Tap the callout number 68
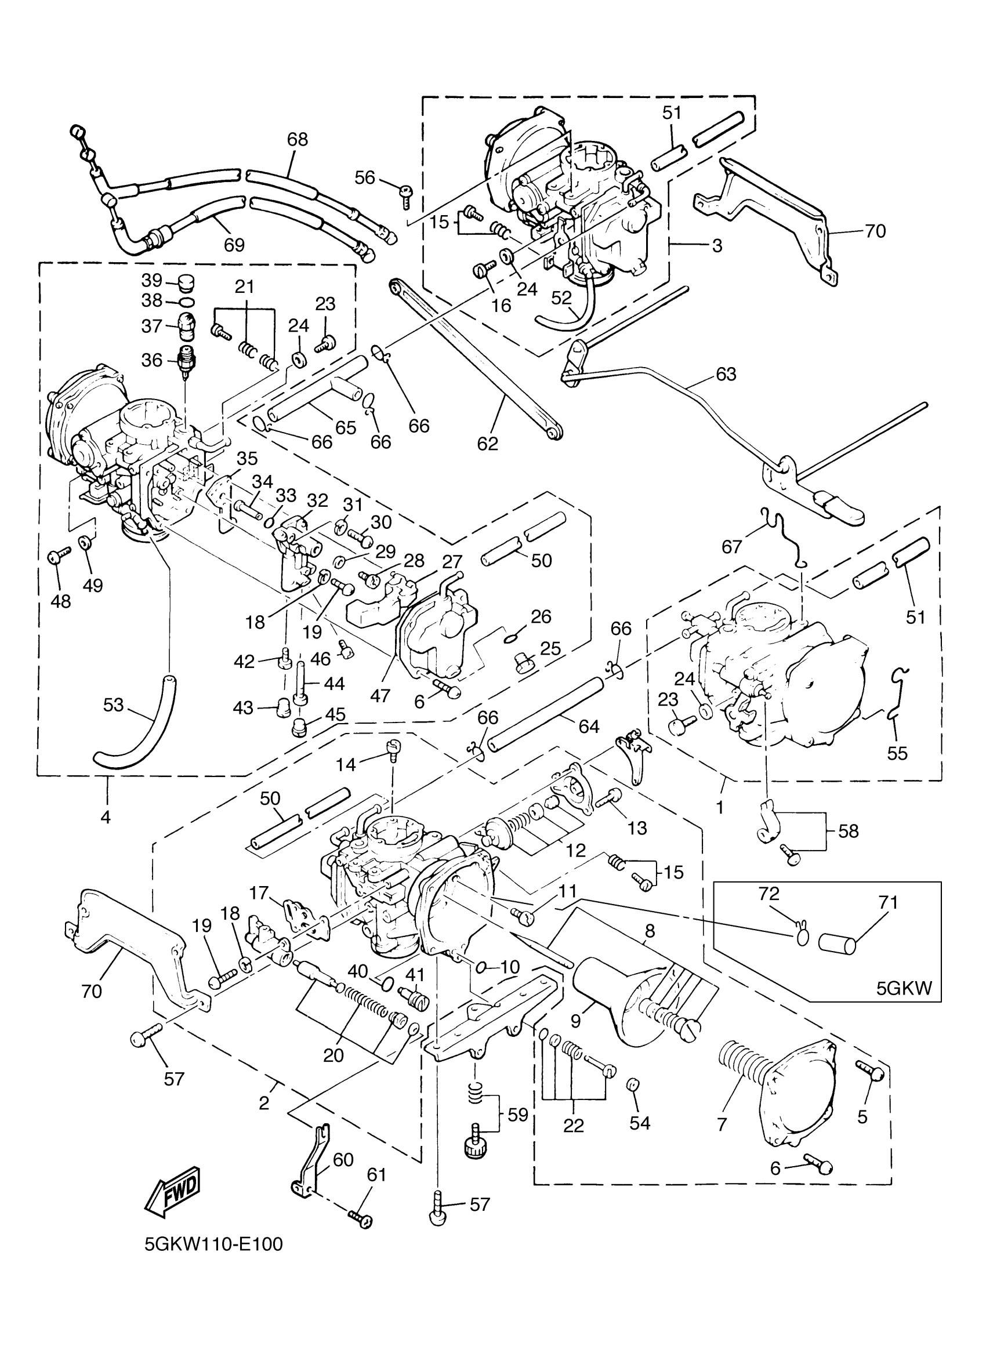tap(297, 139)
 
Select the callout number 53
tap(113, 705)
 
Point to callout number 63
tap(726, 374)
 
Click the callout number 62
tap(488, 444)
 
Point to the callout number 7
tap(722, 1124)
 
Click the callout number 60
tap(343, 1160)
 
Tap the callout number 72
tap(768, 910)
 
